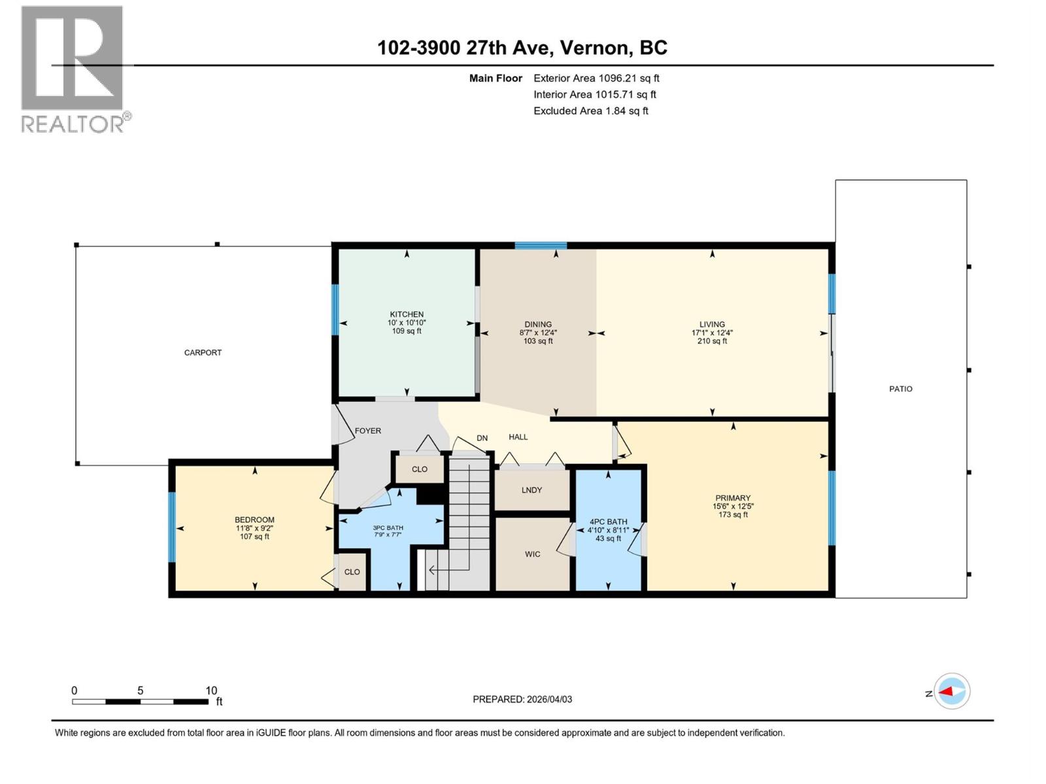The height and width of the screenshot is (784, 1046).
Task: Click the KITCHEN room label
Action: pos(407,314)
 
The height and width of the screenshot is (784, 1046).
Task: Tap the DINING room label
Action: pos(538,324)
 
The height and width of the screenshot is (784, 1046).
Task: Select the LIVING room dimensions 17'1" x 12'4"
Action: pos(712,333)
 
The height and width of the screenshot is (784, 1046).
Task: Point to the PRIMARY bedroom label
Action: pos(732,498)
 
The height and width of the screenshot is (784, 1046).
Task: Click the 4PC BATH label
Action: pos(608,522)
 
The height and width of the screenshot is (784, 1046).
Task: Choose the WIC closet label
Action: pos(532,554)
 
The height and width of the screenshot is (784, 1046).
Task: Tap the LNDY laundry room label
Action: pos(531,490)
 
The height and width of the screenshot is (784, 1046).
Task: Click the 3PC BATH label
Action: pos(388,528)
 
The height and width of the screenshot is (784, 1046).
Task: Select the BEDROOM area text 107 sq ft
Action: pos(254,536)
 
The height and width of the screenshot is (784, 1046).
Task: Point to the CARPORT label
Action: pos(203,353)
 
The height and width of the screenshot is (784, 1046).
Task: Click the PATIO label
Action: pos(900,389)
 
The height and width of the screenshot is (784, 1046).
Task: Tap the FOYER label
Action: pos(367,431)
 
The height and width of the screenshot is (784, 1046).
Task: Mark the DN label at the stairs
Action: pos(482,438)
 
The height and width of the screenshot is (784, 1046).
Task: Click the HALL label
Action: pos(518,437)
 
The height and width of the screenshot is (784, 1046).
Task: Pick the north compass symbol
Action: pos(951,691)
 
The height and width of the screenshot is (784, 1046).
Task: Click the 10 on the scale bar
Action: pos(211,691)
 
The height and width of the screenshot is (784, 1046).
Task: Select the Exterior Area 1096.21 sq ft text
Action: pos(596,78)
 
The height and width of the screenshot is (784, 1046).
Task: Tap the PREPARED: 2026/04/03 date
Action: pos(522,699)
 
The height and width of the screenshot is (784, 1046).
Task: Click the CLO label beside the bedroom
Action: pos(352,572)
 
